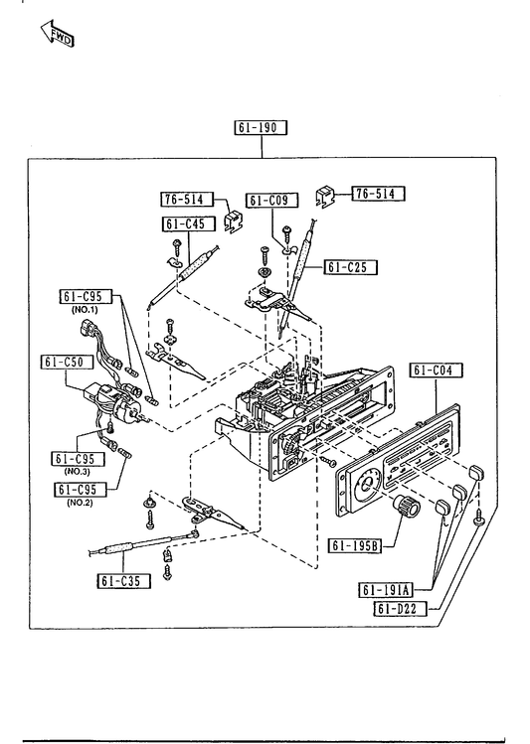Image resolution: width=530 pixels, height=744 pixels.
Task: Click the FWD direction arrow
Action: [x=57, y=33]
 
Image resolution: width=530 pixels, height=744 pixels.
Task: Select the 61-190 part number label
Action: [x=262, y=127]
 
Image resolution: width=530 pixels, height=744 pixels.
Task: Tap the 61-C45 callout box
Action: [x=190, y=223]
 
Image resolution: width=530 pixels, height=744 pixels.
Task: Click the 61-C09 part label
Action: [x=272, y=201]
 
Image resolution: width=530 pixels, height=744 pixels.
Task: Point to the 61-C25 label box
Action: [x=350, y=267]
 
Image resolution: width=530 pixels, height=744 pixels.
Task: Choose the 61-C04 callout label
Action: [x=436, y=371]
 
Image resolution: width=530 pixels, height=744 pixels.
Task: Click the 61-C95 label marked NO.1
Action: [x=86, y=297]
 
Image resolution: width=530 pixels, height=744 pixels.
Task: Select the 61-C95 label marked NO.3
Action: [x=78, y=459]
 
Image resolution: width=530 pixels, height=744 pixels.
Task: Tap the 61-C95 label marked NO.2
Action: [x=81, y=489]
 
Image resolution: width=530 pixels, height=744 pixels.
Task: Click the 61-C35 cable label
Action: [x=124, y=581]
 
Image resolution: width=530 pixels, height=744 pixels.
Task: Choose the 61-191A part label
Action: [x=386, y=590]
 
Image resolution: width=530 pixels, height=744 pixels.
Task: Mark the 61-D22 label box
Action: [x=401, y=608]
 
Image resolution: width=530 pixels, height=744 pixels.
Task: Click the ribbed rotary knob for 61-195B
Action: [x=408, y=507]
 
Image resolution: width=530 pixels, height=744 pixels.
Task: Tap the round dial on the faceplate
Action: [x=367, y=486]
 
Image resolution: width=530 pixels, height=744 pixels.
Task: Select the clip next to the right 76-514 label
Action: [x=325, y=195]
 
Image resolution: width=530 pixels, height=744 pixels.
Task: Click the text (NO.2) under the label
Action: [x=80, y=502]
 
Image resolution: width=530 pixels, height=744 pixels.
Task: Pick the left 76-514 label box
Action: [x=187, y=200]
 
